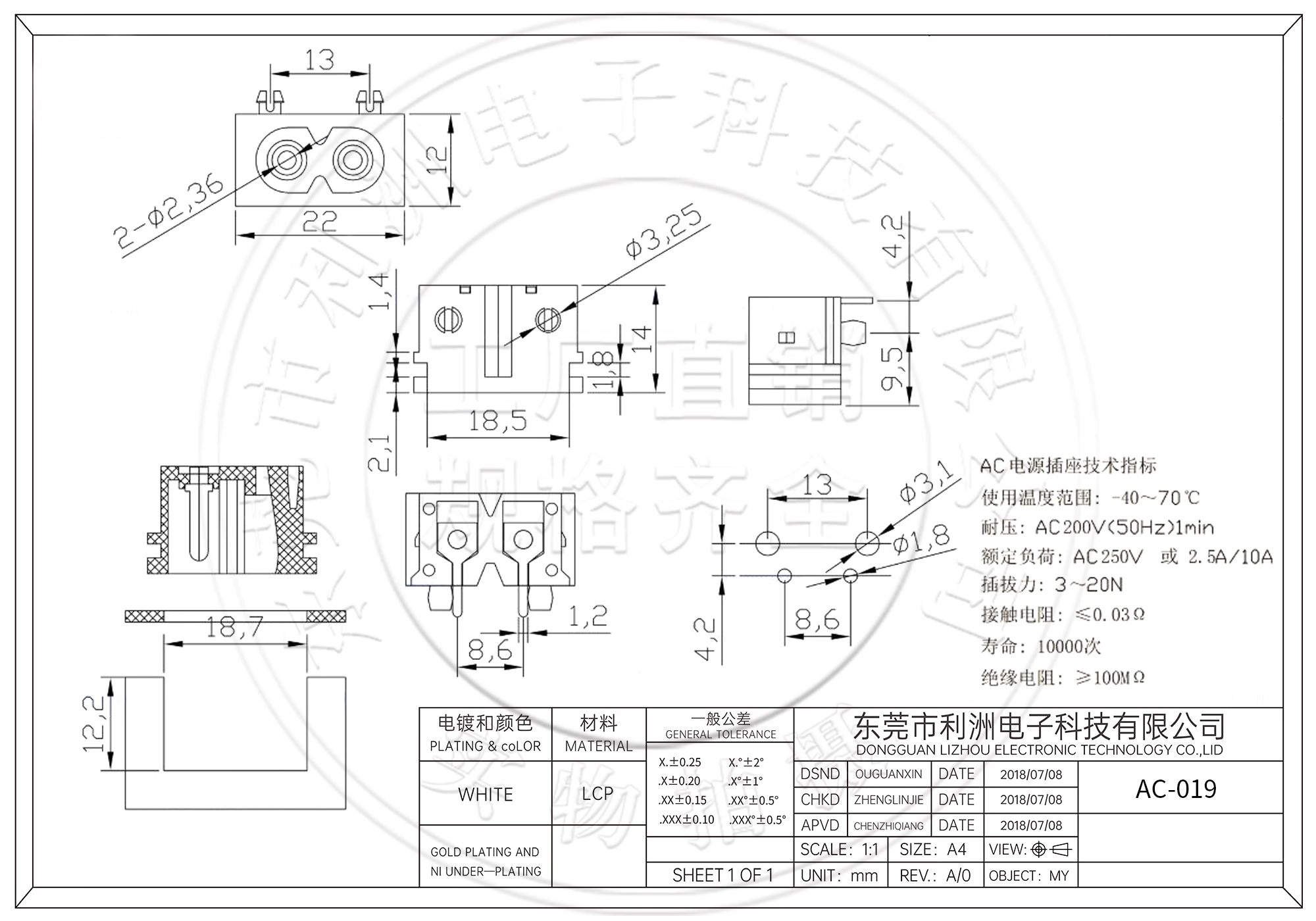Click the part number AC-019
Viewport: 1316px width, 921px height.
[x=1176, y=788]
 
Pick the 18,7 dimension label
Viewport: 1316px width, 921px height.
[x=234, y=627]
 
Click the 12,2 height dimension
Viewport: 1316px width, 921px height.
[x=93, y=724]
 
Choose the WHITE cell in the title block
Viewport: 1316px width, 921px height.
[x=486, y=794]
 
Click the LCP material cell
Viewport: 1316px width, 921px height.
[x=597, y=793]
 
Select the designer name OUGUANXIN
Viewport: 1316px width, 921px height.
[x=888, y=774]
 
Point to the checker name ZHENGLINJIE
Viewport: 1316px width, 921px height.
[x=888, y=800]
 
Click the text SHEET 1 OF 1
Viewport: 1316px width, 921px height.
[x=722, y=875]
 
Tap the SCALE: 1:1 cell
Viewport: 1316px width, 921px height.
[x=839, y=849]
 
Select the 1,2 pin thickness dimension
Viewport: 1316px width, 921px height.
[x=588, y=616]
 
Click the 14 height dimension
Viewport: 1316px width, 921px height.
[x=642, y=339]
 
